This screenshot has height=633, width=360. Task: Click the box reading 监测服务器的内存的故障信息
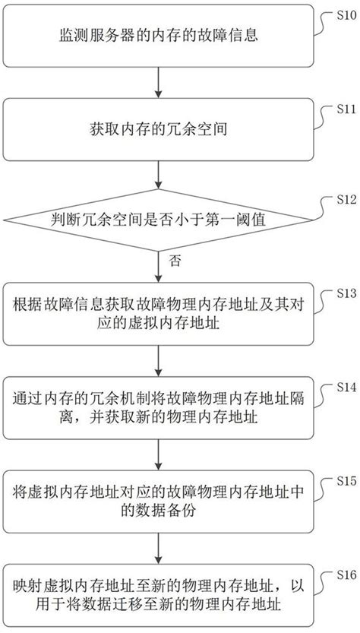point(157,35)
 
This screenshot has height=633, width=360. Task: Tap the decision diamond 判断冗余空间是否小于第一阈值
point(157,222)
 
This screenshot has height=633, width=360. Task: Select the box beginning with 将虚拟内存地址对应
point(157,502)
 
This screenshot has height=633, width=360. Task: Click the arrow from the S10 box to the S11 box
point(157,82)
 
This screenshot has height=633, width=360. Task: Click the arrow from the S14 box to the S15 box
point(157,455)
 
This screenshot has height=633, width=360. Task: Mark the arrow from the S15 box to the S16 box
point(157,549)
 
